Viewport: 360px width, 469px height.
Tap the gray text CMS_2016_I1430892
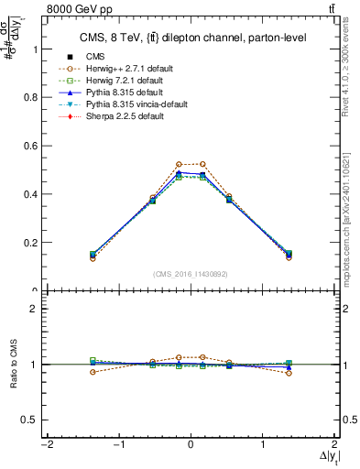[190, 274]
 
